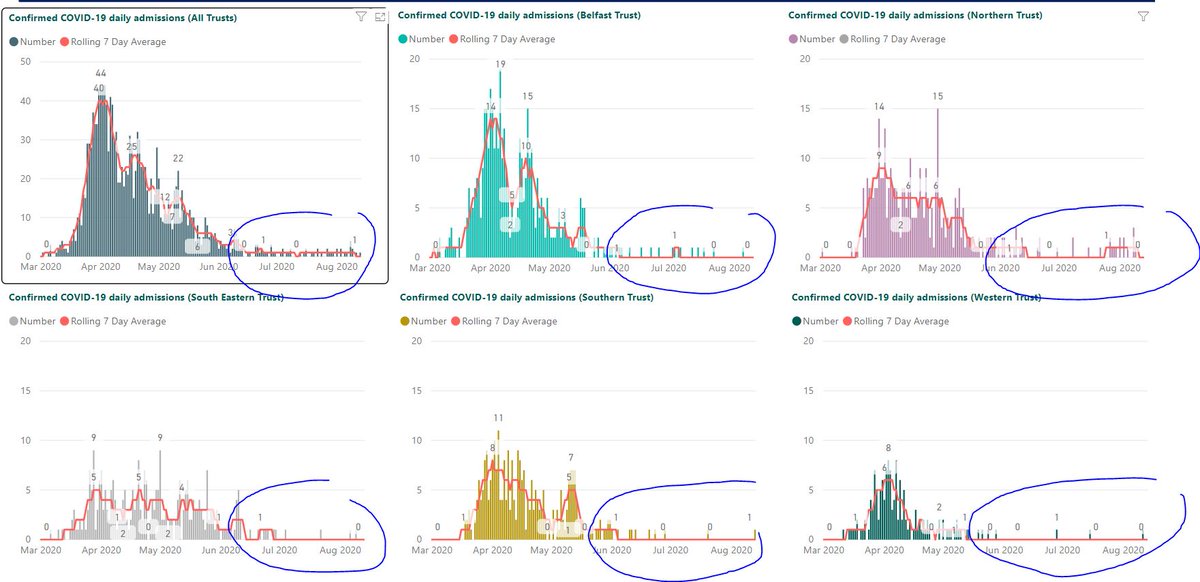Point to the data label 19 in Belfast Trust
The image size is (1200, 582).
[x=500, y=65]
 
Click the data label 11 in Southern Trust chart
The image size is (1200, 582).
[x=497, y=417]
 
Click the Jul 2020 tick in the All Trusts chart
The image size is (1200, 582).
[x=277, y=267]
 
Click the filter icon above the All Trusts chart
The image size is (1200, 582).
[x=360, y=17]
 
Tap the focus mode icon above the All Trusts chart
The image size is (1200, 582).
[x=380, y=17]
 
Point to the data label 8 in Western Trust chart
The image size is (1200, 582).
[x=888, y=448]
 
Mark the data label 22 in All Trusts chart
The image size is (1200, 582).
[x=178, y=159]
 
